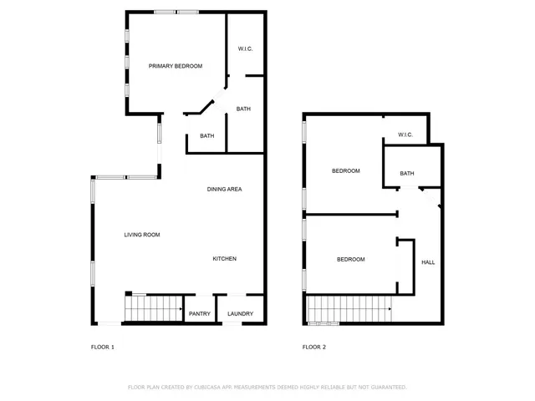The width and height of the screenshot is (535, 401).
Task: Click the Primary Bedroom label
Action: tap(176, 66)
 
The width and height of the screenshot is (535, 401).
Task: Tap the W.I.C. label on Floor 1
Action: tap(245, 48)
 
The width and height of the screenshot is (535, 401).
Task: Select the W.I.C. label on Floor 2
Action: tap(405, 135)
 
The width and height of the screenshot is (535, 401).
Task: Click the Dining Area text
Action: tap(225, 190)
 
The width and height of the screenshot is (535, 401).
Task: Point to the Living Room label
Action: tap(142, 235)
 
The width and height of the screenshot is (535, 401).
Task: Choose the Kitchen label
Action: tap(224, 259)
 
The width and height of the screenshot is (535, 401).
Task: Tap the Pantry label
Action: tap(200, 314)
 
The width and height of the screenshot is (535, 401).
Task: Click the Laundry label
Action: tap(240, 314)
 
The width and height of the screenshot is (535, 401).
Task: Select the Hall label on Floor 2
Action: tap(428, 262)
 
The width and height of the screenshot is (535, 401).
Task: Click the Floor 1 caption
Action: tap(103, 347)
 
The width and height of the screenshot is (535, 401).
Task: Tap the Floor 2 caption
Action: tap(314, 347)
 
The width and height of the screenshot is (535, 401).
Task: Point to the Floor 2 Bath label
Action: tap(407, 174)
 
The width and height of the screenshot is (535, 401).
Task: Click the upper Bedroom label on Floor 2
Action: tap(346, 171)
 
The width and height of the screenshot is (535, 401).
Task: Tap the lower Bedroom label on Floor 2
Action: tap(351, 260)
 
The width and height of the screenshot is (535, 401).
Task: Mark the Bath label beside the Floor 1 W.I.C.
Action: tap(243, 109)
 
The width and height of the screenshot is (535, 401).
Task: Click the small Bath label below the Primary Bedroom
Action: tap(206, 136)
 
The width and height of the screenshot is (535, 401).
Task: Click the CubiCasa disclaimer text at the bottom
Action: tap(267, 387)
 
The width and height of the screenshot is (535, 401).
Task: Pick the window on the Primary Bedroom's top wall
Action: tap(176, 12)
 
